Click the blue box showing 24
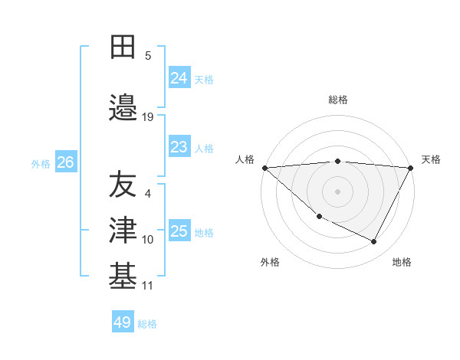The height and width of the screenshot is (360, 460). [x=179, y=77]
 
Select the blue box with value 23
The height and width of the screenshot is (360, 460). [x=179, y=147]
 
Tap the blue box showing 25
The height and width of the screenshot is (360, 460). [x=179, y=231]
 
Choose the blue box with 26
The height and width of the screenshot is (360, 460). [x=65, y=162]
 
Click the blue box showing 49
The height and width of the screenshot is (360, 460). [x=123, y=322]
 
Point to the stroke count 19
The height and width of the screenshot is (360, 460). [x=148, y=117]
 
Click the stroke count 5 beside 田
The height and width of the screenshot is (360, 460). [x=148, y=55]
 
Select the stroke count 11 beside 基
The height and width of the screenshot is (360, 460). [x=148, y=286]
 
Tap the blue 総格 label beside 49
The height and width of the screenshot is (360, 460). [x=148, y=324]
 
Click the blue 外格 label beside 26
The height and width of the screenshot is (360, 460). [x=41, y=163]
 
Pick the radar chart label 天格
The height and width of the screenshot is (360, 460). [x=431, y=159]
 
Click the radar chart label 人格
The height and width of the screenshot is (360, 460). [x=244, y=159]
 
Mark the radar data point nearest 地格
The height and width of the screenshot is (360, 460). [x=374, y=242]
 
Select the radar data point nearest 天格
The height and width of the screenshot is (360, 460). [x=411, y=168]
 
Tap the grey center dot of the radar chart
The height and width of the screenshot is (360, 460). [x=337, y=191]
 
